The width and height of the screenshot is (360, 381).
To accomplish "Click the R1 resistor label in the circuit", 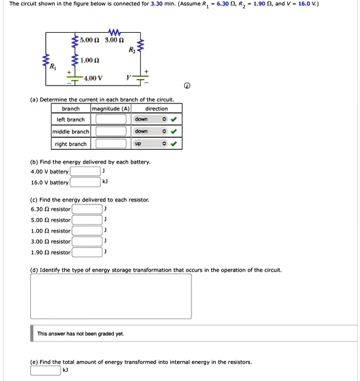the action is pyautogui.click(x=53, y=66).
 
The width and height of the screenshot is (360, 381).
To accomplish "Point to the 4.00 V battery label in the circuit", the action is pyautogui.click(x=93, y=78).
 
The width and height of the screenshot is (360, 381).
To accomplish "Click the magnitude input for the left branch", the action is pyautogui.click(x=110, y=120).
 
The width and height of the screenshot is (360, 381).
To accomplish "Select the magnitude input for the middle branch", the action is pyautogui.click(x=110, y=132).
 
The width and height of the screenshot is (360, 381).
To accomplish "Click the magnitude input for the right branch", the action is pyautogui.click(x=110, y=144).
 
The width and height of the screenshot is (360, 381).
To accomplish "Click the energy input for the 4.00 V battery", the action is pyautogui.click(x=85, y=171).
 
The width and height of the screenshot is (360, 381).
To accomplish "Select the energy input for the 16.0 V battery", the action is pyautogui.click(x=85, y=182).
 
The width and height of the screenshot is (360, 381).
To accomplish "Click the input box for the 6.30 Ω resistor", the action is pyautogui.click(x=88, y=209).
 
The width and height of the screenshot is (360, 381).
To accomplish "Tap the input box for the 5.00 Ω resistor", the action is pyautogui.click(x=88, y=220).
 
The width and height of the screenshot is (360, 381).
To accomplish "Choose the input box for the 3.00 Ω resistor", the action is pyautogui.click(x=88, y=241).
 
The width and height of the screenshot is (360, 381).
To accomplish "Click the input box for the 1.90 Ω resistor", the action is pyautogui.click(x=88, y=252).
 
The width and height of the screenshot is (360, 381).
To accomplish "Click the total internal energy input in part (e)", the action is pyautogui.click(x=46, y=369).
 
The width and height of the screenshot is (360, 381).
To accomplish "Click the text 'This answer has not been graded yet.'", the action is pyautogui.click(x=81, y=334).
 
